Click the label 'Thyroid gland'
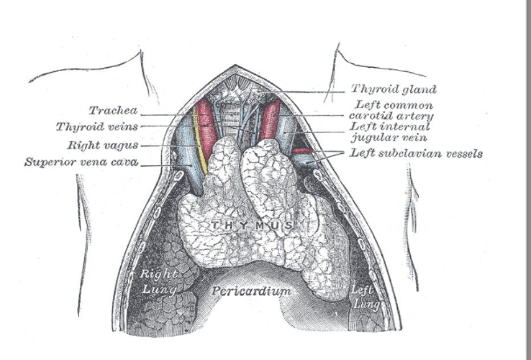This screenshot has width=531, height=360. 393,89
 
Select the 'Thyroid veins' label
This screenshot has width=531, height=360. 96,126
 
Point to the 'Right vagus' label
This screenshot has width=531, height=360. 102,145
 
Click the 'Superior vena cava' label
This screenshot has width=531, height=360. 81,162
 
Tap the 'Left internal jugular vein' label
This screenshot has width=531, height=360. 390,132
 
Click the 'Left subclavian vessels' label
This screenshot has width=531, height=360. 416,153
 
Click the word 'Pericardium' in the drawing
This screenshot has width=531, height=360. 251,291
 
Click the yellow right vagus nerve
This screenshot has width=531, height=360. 200,142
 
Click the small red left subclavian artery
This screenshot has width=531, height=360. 303,151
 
